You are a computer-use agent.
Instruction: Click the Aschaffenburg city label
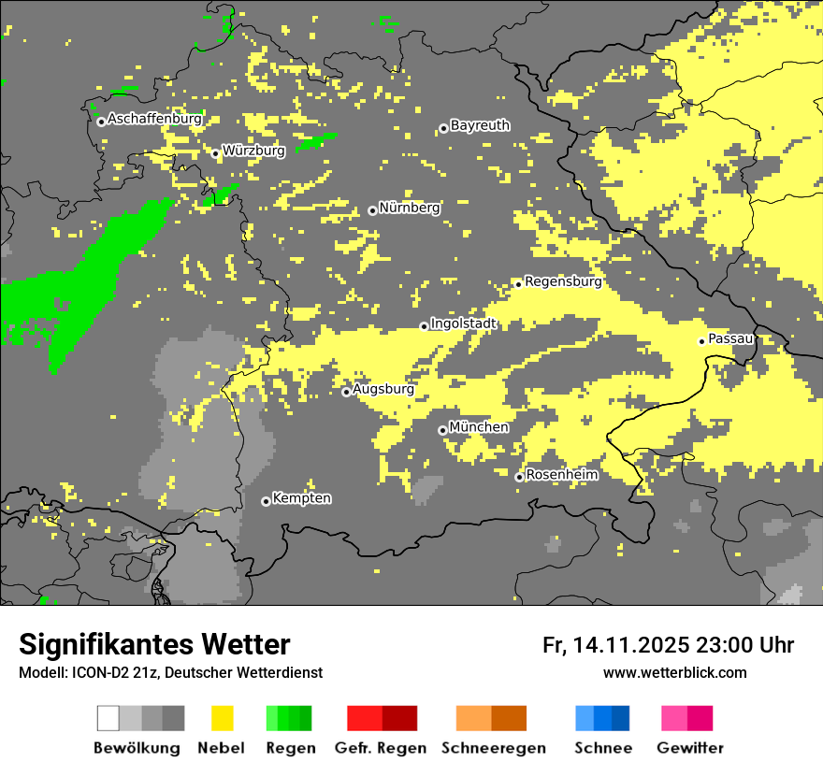click(x=154, y=119)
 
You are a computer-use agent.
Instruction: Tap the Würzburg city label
click(x=253, y=151)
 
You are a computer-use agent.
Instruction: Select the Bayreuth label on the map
click(x=480, y=125)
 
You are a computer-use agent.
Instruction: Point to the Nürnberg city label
click(x=409, y=208)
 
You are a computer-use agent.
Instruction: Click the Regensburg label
click(x=563, y=280)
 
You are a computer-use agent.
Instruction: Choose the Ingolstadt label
click(x=463, y=323)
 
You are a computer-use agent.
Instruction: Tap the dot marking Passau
click(x=701, y=341)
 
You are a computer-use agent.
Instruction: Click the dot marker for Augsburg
click(x=346, y=392)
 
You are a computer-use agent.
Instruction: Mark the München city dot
click(x=442, y=430)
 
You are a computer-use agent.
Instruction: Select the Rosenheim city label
click(x=561, y=475)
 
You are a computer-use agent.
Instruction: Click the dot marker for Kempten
click(x=266, y=501)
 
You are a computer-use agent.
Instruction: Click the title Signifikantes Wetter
click(x=154, y=644)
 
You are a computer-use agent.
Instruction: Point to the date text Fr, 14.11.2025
click(x=615, y=645)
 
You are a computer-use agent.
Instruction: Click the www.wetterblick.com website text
click(x=674, y=672)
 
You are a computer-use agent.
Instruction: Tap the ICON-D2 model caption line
click(x=170, y=672)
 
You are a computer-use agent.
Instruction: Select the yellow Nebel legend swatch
click(x=222, y=718)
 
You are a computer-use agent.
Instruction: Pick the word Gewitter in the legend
click(x=690, y=748)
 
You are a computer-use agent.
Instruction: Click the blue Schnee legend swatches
click(x=601, y=718)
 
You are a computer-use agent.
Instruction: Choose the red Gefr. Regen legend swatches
click(x=382, y=718)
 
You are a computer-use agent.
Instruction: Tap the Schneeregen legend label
click(x=494, y=748)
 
